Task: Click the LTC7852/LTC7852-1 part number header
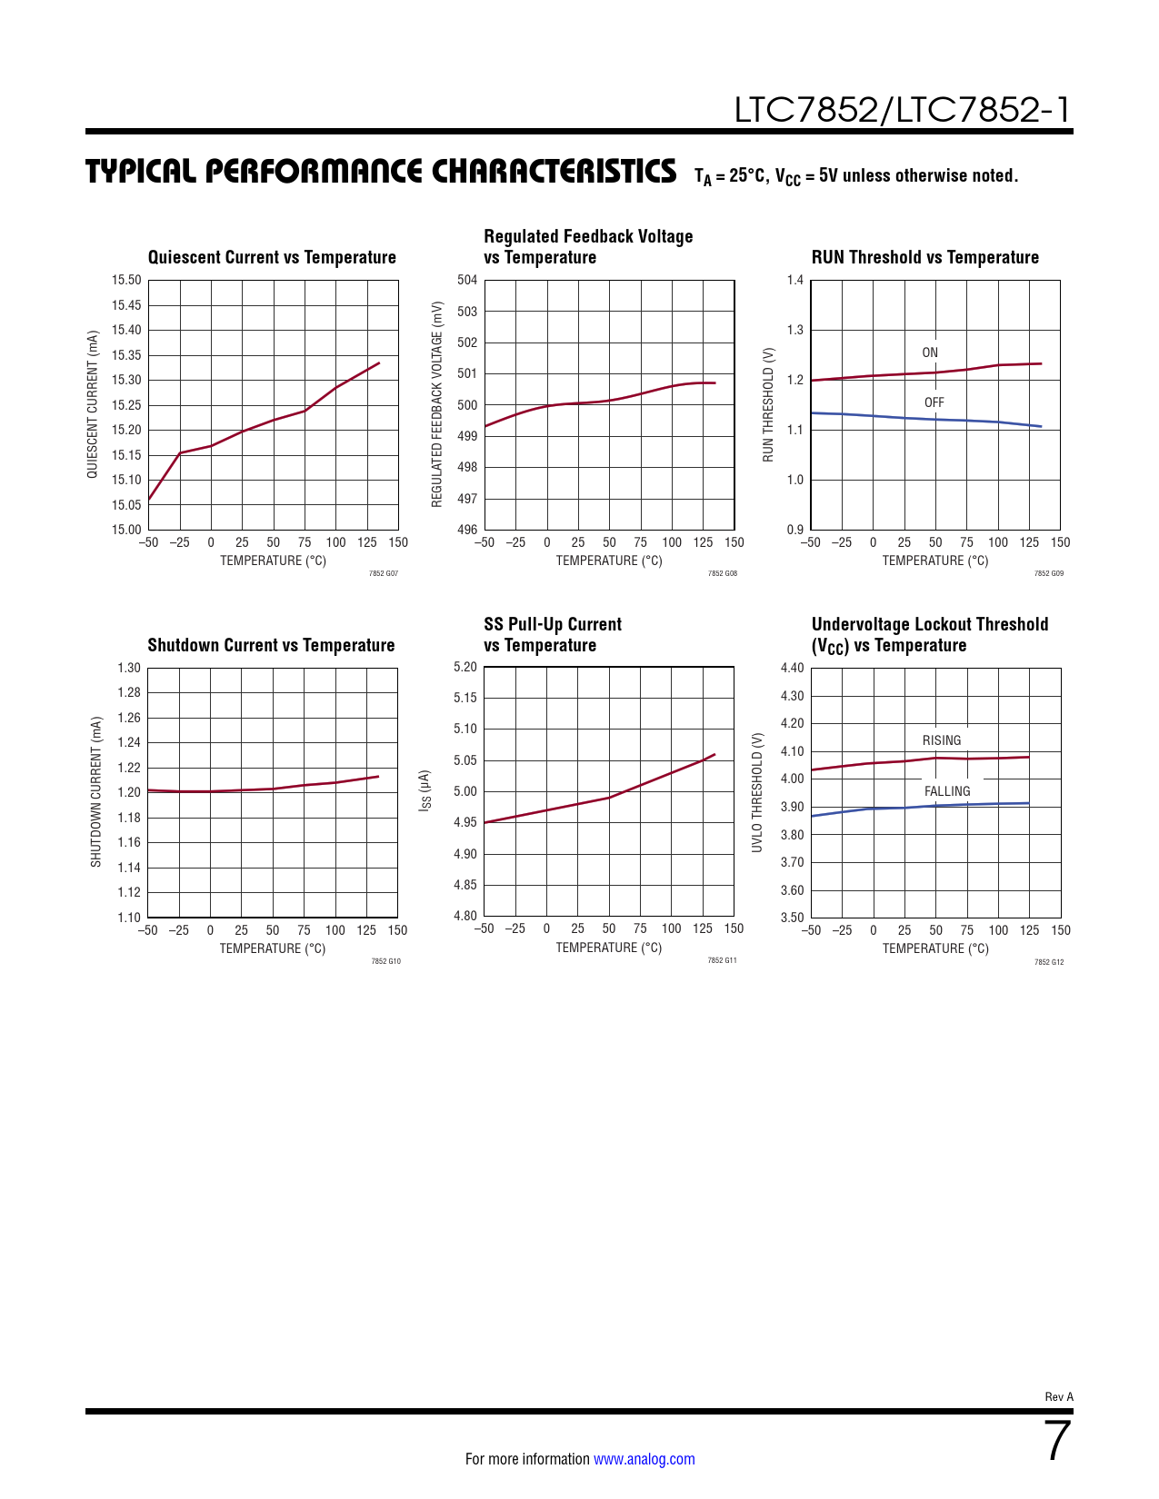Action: (902, 110)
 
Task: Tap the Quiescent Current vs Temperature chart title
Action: (272, 257)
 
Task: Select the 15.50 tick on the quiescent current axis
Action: (126, 280)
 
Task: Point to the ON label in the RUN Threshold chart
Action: (930, 352)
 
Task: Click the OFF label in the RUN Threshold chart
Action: (934, 402)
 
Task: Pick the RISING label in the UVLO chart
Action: (942, 740)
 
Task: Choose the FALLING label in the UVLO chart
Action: (947, 791)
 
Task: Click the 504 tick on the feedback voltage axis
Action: (467, 280)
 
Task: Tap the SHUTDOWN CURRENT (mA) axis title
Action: (95, 791)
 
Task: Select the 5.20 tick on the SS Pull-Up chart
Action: (465, 667)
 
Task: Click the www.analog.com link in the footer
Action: (644, 1459)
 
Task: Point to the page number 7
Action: (1057, 1441)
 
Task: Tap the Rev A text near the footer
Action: (1059, 1396)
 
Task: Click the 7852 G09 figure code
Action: (1049, 573)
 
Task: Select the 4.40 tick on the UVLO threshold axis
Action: (792, 668)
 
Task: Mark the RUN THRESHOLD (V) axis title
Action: (768, 404)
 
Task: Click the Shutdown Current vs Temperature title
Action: (271, 645)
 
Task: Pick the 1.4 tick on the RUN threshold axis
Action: (795, 280)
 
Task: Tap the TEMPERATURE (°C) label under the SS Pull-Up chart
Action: (609, 948)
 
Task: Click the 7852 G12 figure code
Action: (1049, 961)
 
